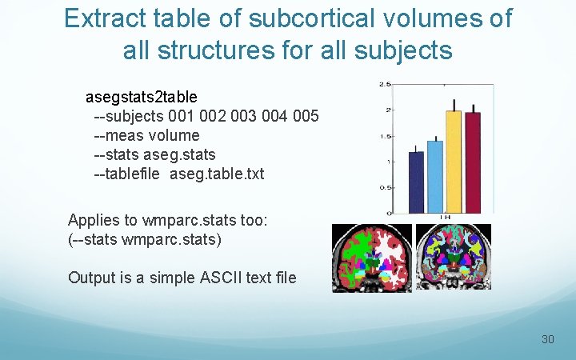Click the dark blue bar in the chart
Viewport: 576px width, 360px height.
(x=416, y=182)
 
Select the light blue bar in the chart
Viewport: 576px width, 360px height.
(x=434, y=177)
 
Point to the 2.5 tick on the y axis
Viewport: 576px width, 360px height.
(x=385, y=84)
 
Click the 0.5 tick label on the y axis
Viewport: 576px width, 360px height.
(x=385, y=188)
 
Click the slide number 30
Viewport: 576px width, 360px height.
(x=547, y=339)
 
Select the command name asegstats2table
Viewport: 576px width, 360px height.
(x=141, y=98)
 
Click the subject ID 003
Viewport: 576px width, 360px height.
(x=244, y=117)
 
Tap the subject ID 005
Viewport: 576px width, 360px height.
(x=305, y=117)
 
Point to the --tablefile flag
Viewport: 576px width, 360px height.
(x=129, y=174)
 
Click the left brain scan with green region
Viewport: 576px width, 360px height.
(x=372, y=257)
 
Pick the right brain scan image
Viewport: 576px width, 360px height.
(x=454, y=257)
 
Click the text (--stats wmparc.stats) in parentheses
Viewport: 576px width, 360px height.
(x=145, y=238)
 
